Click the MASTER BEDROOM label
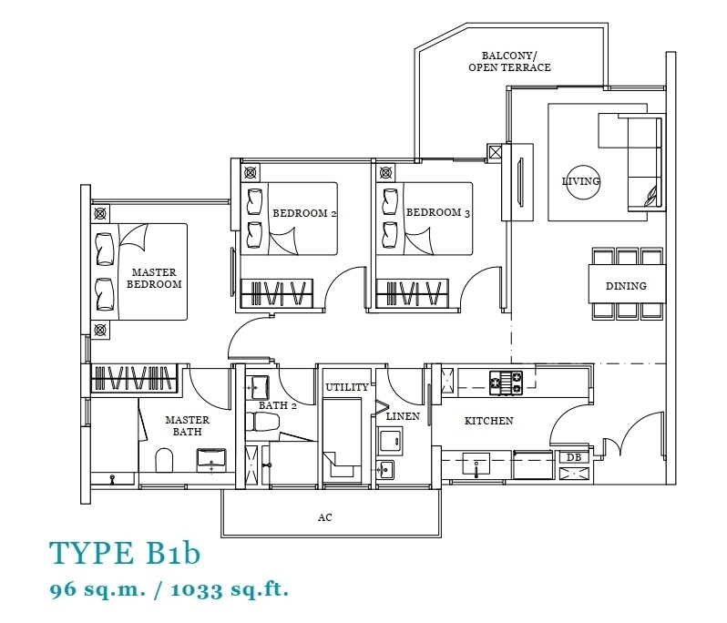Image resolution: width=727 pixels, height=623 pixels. point(154,278)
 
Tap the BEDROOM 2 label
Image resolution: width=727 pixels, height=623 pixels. point(304,213)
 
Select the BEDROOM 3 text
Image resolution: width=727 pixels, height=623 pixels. point(438,212)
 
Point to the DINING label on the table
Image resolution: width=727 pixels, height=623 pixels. point(626,286)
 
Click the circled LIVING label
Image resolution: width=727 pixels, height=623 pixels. point(581,181)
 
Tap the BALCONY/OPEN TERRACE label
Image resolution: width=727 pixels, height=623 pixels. point(509,62)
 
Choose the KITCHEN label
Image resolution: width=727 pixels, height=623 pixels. point(488,421)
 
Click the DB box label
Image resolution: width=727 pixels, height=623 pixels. point(574,457)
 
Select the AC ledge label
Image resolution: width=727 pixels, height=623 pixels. point(324,517)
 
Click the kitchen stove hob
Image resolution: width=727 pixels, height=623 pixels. point(506,383)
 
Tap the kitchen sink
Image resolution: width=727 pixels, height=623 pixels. point(476,464)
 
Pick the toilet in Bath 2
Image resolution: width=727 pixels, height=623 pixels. point(262,423)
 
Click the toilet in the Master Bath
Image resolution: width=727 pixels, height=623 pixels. point(164,460)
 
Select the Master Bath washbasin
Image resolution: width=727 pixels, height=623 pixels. point(211,460)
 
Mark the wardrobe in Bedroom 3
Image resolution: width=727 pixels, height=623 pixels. point(412,293)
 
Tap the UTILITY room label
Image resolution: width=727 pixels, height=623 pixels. point(347,387)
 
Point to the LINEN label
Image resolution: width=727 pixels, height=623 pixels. point(403,416)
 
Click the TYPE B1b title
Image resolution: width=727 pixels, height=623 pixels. point(125,553)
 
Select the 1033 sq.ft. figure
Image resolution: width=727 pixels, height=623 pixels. point(230,589)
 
